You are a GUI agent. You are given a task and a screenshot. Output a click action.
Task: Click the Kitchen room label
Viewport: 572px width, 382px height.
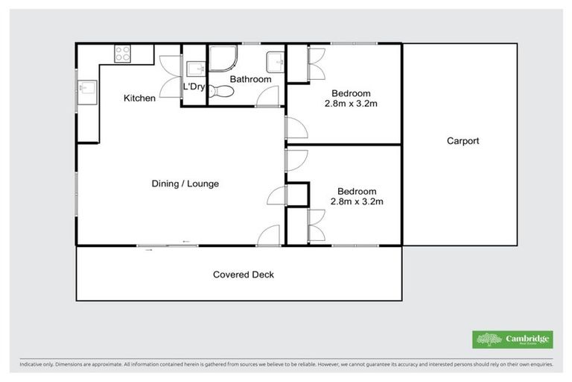[x=139, y=98]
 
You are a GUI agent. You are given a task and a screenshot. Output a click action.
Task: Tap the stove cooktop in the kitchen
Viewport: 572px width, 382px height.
[x=122, y=53]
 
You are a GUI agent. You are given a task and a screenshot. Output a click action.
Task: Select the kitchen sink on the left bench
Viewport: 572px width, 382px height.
[x=85, y=88]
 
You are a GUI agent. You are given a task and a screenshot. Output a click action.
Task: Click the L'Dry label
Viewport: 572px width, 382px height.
[x=194, y=87]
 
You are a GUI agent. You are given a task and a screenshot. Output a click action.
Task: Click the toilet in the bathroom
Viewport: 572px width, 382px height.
[x=221, y=92]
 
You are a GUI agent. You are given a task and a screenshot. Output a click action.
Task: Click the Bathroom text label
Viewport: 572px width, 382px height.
[x=250, y=79]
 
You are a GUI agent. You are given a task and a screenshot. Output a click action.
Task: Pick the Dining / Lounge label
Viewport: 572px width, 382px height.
[x=185, y=184]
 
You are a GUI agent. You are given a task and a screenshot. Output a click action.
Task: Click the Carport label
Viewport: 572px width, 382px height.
[x=463, y=140]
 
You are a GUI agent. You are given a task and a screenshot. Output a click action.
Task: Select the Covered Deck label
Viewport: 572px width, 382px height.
[x=244, y=275]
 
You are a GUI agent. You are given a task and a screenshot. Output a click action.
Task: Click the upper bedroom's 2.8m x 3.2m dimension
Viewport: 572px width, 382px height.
[x=352, y=104]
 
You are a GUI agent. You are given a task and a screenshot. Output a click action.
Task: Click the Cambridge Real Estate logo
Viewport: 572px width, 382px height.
[x=512, y=339]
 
